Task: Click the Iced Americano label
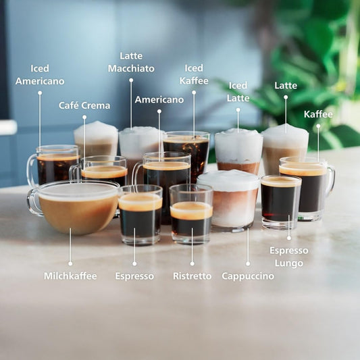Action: coord(40,74)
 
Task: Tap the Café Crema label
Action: coord(84,105)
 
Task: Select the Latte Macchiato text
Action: coord(131,62)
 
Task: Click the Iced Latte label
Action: coord(238,92)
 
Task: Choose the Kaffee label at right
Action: coord(318,114)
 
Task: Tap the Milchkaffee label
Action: coord(70,276)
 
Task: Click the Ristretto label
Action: coord(192,276)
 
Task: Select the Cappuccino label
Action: coord(248,276)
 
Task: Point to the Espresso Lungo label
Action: coord(289,257)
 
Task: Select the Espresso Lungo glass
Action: coord(280,203)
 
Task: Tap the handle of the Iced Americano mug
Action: coord(31,170)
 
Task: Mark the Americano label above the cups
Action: coord(159,99)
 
